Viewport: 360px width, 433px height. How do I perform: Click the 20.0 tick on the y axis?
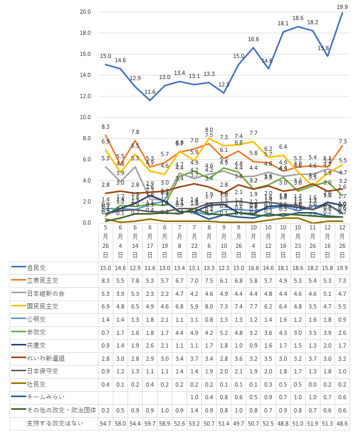[85, 12]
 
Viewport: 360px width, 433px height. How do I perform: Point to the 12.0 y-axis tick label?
[85, 96]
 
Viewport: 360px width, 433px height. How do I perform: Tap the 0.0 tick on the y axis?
[87, 223]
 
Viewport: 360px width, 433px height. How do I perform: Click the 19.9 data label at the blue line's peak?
[342, 7]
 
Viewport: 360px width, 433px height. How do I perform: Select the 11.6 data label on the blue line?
[150, 92]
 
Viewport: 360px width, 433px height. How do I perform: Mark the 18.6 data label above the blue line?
[298, 18]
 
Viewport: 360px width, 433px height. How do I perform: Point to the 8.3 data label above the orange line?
[105, 127]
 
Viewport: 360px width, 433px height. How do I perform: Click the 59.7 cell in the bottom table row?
[150, 423]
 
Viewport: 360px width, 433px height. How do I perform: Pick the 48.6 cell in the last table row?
[342, 423]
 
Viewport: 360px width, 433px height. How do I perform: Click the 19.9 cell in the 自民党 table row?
[342, 268]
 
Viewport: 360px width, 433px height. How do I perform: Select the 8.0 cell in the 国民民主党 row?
[209, 306]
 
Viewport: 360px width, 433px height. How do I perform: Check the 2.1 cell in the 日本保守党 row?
[238, 371]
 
